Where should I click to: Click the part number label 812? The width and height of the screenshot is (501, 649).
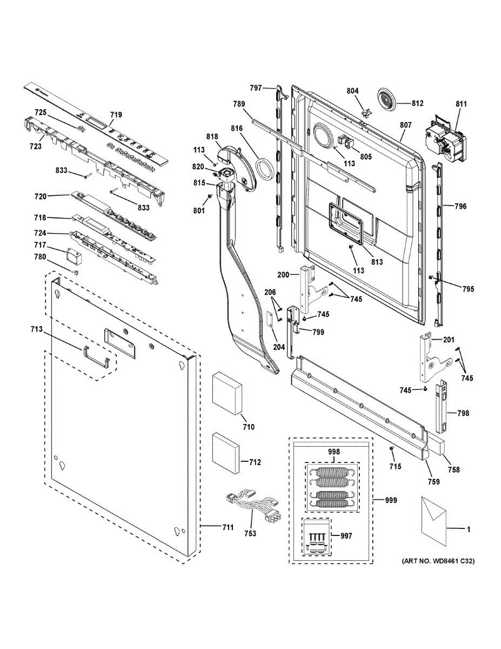[418, 103]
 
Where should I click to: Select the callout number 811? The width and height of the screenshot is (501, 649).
[461, 104]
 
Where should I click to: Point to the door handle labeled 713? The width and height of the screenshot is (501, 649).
[96, 356]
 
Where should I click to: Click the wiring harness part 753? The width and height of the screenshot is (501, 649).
[253, 507]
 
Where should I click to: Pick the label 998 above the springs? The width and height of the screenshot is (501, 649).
[334, 452]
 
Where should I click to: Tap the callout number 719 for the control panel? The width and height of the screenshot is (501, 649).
[116, 115]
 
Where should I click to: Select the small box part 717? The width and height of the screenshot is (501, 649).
[74, 255]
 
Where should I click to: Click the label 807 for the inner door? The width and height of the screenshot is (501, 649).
[406, 125]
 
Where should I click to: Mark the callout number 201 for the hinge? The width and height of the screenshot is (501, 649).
[449, 340]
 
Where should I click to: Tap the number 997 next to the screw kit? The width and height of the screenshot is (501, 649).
[346, 536]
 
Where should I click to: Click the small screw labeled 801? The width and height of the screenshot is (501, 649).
[210, 196]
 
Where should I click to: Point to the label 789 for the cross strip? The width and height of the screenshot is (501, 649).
[239, 104]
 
